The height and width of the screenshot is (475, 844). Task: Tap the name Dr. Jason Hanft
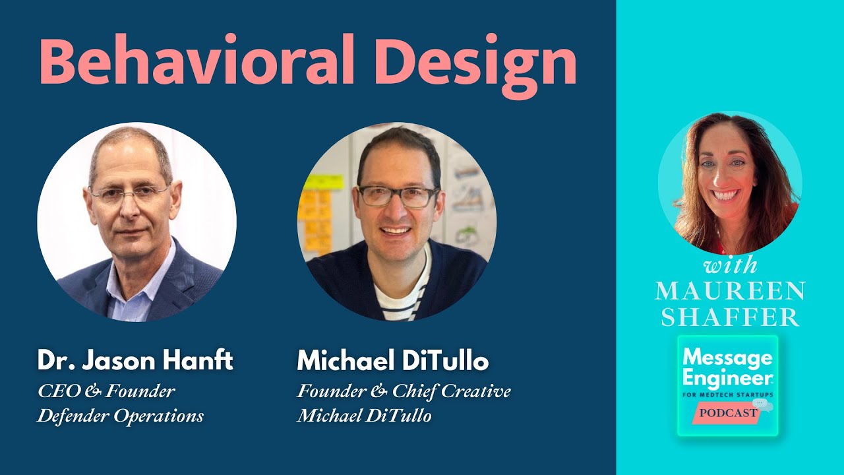click(135, 361)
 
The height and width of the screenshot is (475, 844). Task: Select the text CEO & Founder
click(106, 391)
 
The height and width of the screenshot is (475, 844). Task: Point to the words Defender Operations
click(120, 416)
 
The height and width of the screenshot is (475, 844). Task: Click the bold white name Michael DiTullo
click(393, 361)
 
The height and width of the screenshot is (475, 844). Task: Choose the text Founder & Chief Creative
click(404, 391)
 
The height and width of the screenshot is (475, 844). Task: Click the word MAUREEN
click(730, 290)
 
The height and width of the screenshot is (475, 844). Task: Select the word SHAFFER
click(730, 317)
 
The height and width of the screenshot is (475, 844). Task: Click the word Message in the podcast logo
click(727, 358)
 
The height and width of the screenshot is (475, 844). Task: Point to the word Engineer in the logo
click(727, 378)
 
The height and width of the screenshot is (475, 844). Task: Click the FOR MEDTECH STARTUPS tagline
click(727, 395)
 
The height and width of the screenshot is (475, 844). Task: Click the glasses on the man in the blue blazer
click(129, 193)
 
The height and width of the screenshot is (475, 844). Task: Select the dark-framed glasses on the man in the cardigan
click(398, 196)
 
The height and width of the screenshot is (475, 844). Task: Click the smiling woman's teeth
click(725, 195)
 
